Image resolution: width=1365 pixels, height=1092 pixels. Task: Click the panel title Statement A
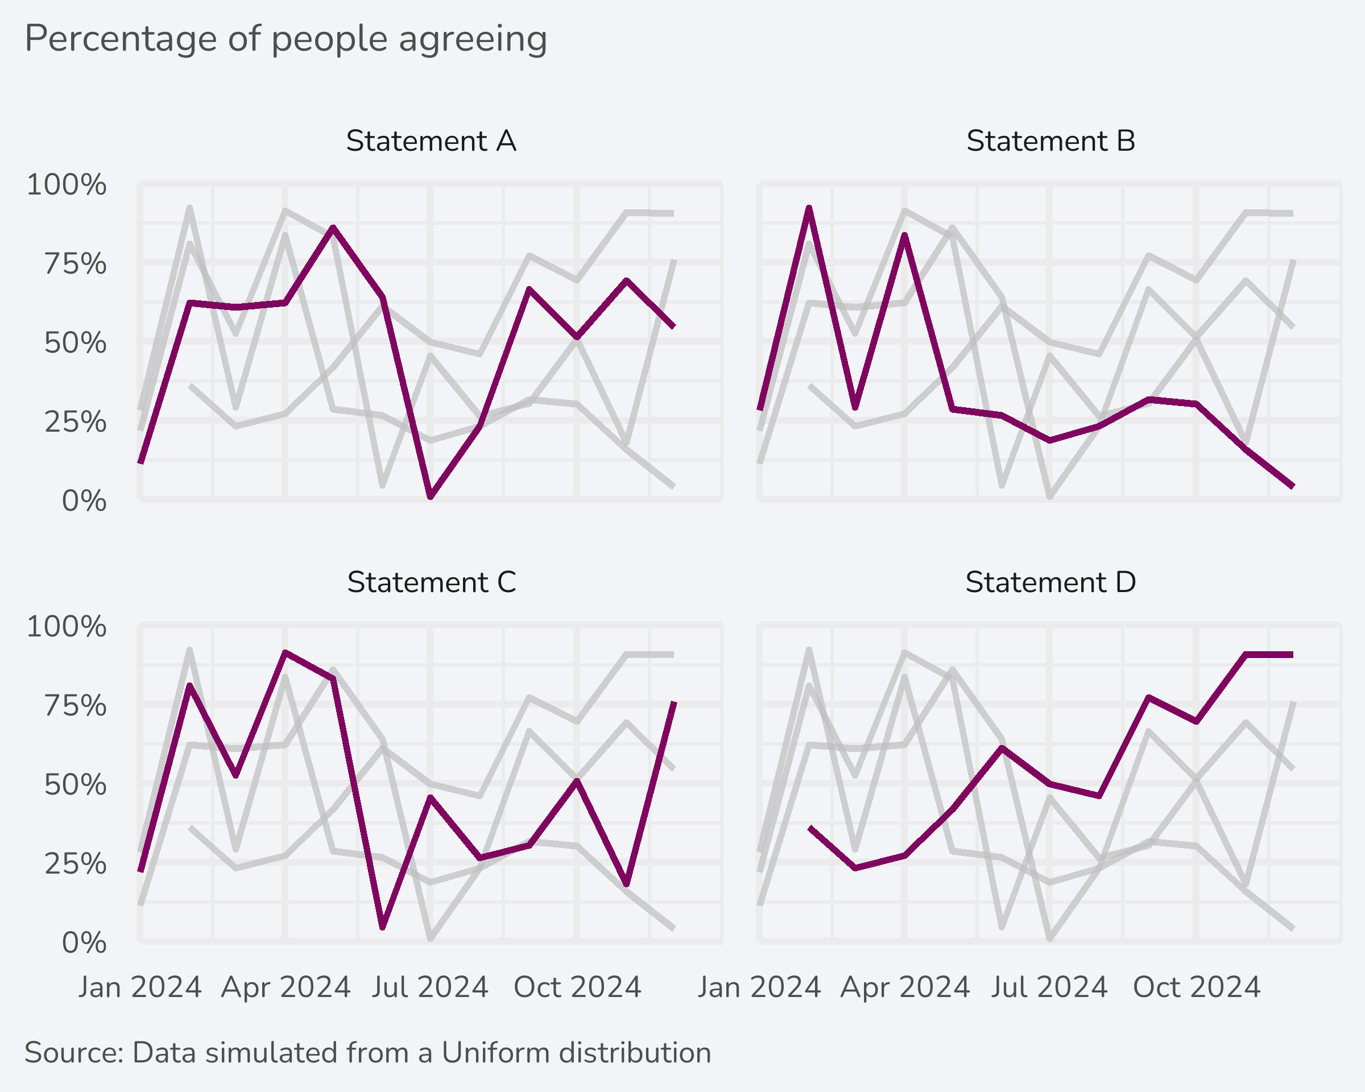(x=431, y=141)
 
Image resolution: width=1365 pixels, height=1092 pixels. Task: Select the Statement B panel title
(x=1050, y=141)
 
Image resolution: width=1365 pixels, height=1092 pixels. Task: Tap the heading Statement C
(x=431, y=582)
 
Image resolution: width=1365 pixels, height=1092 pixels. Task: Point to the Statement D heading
(x=1050, y=582)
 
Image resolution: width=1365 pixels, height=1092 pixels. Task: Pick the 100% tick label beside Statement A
(x=67, y=185)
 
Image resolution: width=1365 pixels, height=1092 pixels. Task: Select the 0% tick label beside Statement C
(x=84, y=943)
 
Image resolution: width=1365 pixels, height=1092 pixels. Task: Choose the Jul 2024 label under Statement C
(x=430, y=987)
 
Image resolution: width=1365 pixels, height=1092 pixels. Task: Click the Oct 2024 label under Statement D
(x=1197, y=987)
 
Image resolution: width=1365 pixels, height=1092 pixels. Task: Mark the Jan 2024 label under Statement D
(x=759, y=987)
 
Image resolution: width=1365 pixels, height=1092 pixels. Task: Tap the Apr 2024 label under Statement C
(x=286, y=987)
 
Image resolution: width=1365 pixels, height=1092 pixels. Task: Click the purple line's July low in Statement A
(x=431, y=497)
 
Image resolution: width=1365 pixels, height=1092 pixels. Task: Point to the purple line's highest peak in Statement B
(x=809, y=208)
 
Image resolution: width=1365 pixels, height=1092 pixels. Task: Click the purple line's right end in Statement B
(x=1293, y=486)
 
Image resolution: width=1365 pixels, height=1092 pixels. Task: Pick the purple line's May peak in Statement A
(x=333, y=227)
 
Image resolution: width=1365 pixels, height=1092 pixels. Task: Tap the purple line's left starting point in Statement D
(x=810, y=828)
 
